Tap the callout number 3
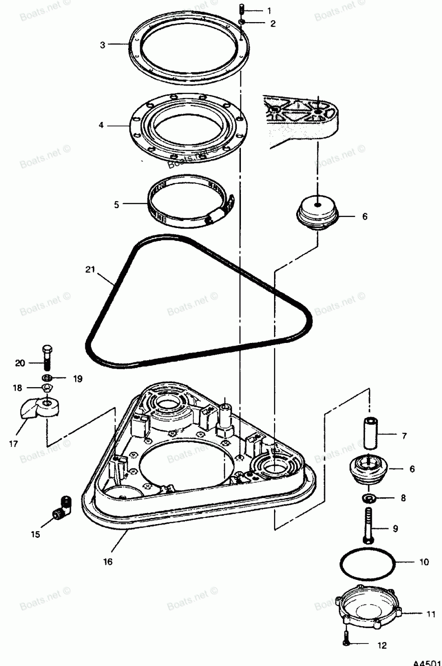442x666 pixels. pyautogui.click(x=103, y=45)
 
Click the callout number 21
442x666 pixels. pyautogui.click(x=90, y=269)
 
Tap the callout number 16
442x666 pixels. pyautogui.click(x=108, y=562)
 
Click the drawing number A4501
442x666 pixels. pyautogui.click(x=427, y=662)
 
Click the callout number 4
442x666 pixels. pyautogui.click(x=101, y=126)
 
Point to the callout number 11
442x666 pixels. pyautogui.click(x=431, y=614)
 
